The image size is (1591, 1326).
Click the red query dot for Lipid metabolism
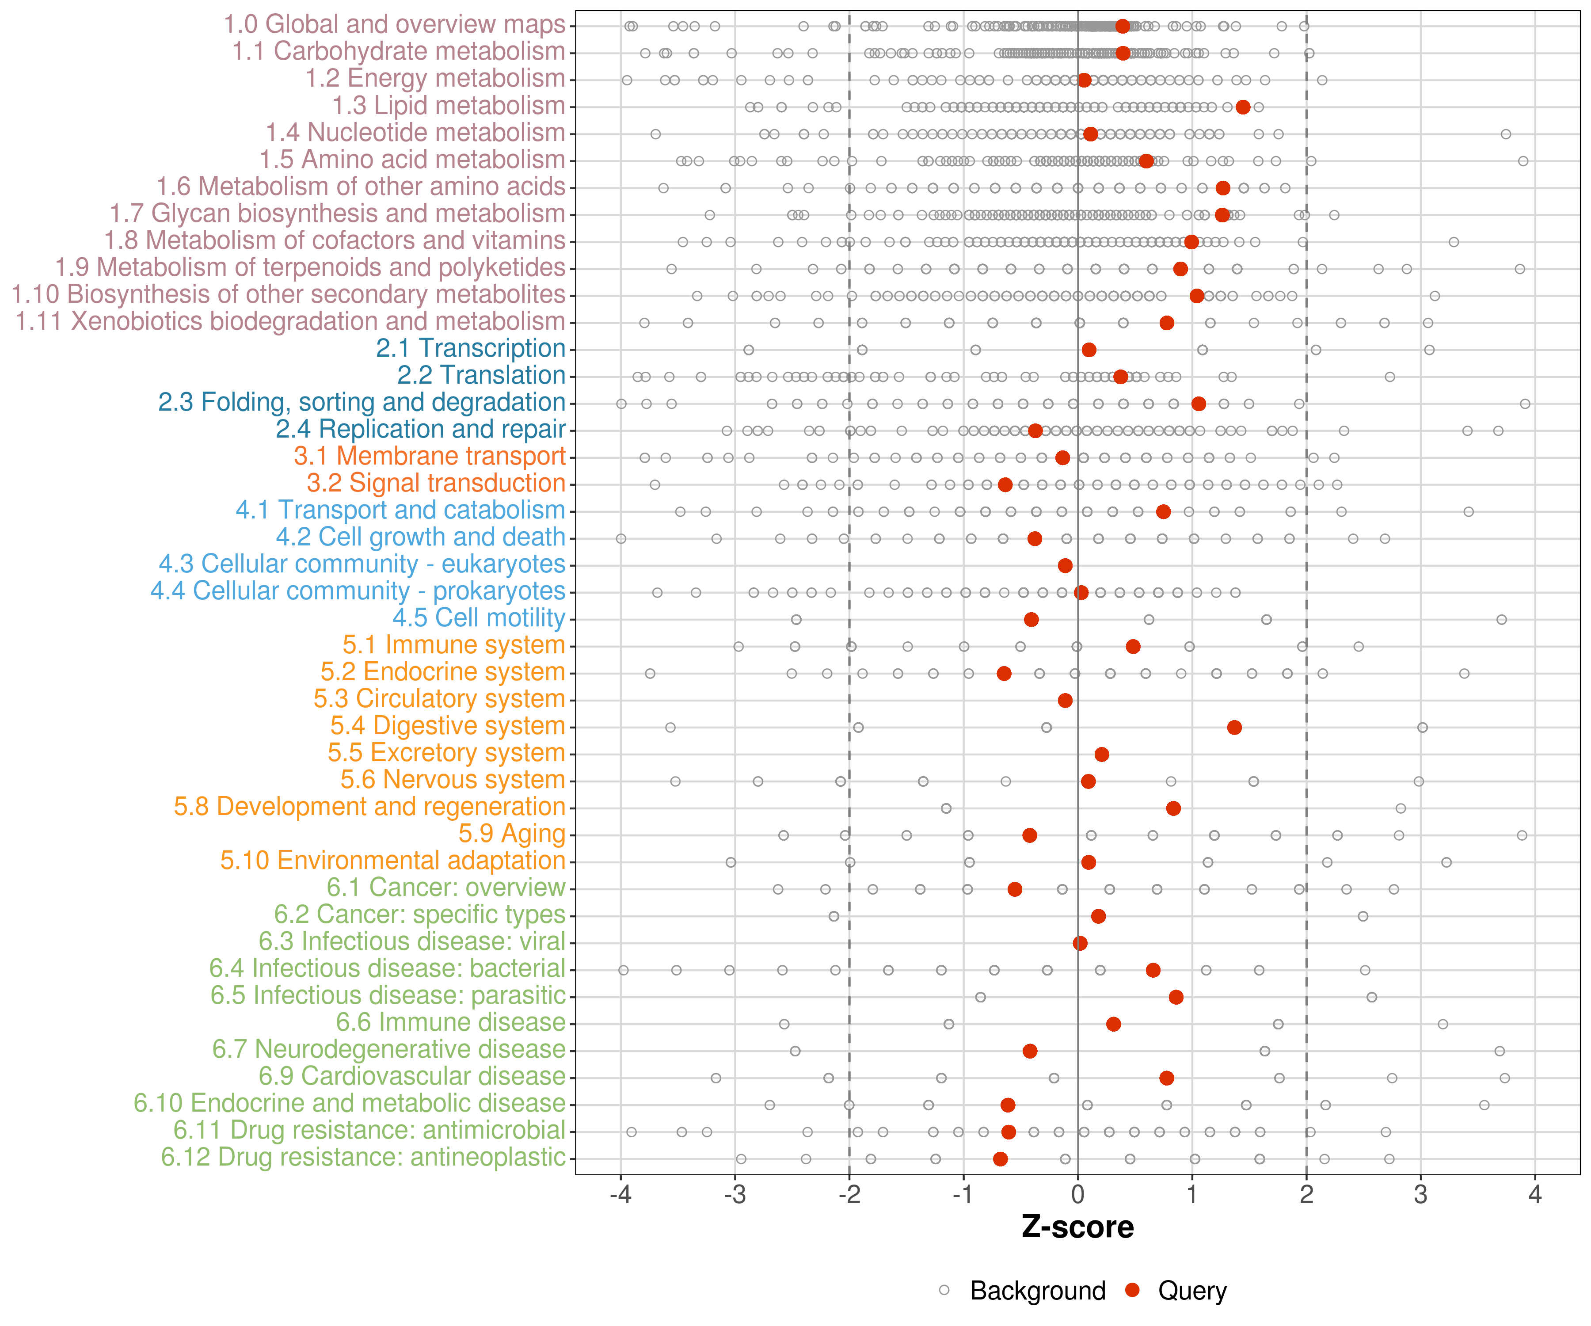coord(1242,107)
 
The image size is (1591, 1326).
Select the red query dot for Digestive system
coord(1234,728)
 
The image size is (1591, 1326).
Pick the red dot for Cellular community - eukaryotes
coord(1065,565)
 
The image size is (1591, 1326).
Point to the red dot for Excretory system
coord(1102,754)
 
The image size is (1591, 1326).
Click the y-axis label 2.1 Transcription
coord(471,349)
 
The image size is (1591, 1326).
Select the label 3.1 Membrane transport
coord(430,456)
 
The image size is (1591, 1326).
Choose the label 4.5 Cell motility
coord(479,618)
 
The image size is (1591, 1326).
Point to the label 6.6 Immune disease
coord(451,1022)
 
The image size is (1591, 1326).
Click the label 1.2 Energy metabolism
coord(435,79)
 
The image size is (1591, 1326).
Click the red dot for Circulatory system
coord(1065,700)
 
